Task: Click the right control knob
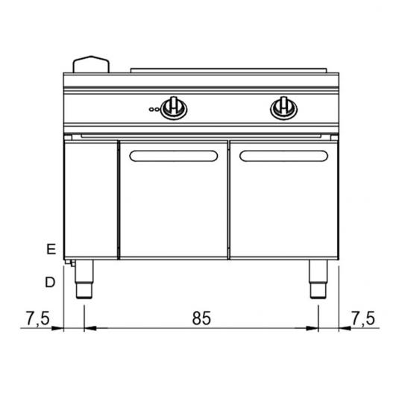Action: click(283, 107)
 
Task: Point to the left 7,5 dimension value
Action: click(37, 318)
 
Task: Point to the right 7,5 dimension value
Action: click(362, 318)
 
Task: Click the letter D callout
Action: click(50, 282)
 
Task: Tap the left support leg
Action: click(84, 279)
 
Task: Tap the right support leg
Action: click(318, 279)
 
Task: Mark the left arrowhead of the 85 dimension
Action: click(89, 327)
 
